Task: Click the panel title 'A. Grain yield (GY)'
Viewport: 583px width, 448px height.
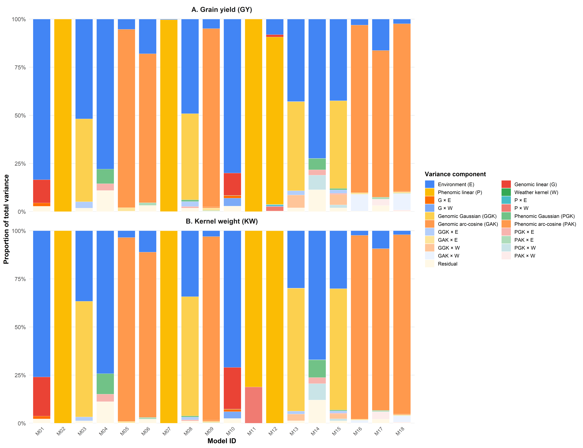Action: coord(222,10)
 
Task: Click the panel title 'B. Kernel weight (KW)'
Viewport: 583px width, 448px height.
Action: coord(222,221)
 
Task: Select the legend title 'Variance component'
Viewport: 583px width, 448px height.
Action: coord(455,174)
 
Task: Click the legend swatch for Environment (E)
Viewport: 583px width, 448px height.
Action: coord(429,184)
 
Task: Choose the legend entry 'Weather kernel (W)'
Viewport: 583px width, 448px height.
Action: coord(536,192)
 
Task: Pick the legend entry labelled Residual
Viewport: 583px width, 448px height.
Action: coord(447,264)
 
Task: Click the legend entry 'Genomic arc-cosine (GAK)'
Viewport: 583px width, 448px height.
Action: coord(468,224)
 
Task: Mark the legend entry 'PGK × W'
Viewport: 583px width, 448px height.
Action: coord(525,248)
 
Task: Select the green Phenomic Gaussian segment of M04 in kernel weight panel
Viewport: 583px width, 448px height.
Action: coord(105,384)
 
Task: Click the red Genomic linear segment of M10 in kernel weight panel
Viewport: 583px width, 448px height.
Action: coord(232,388)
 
